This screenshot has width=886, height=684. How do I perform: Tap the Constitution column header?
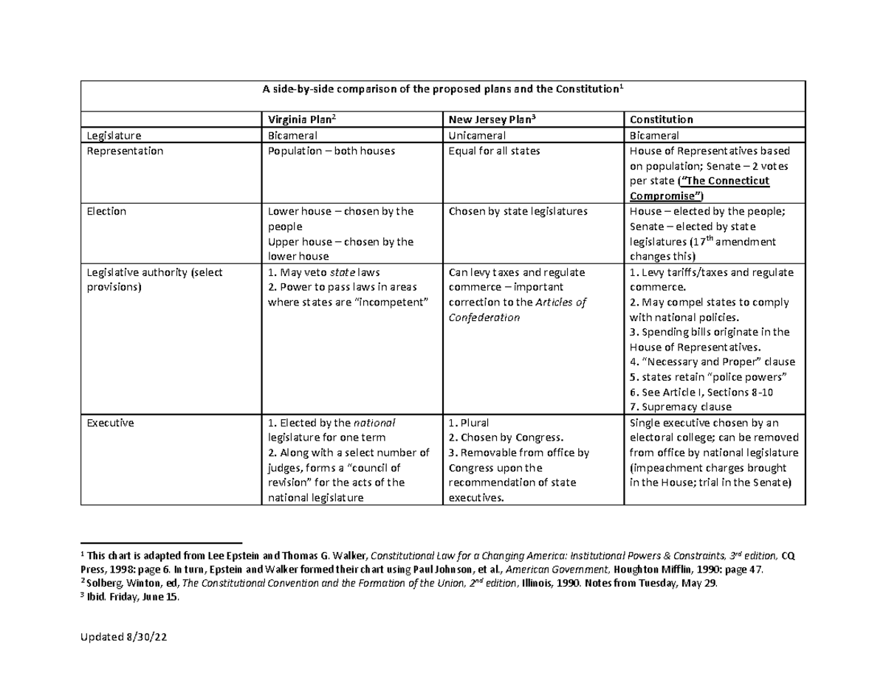[x=661, y=120]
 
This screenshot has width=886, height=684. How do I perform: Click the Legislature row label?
[x=114, y=135]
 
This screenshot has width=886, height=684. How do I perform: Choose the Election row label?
[x=106, y=212]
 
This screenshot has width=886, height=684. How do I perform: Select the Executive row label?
[x=109, y=424]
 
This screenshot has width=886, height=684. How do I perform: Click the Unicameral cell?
[x=477, y=135]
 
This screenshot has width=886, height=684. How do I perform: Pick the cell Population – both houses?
[x=329, y=151]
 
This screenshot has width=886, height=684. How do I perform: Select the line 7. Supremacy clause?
[x=680, y=407]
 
